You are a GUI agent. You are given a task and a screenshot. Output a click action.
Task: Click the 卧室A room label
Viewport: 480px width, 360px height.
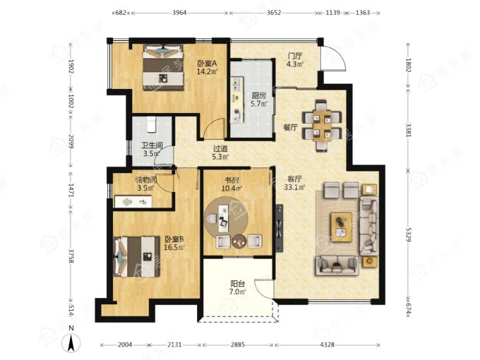(x=207, y=64)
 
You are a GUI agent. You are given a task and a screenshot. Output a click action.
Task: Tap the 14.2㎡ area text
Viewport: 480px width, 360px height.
(x=207, y=71)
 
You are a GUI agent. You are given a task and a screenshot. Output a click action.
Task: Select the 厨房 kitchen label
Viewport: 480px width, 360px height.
(x=258, y=95)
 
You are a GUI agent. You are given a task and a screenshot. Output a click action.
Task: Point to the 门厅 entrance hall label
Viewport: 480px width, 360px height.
(x=295, y=56)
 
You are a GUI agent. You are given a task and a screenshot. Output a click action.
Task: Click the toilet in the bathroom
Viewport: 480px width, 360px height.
(x=152, y=124)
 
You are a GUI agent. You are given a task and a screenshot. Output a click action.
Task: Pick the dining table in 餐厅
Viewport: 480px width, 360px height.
(x=322, y=126)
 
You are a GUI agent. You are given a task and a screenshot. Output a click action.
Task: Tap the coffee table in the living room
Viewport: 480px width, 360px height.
(x=342, y=227)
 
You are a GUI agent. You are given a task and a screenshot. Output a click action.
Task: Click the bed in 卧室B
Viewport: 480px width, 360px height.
(x=137, y=256)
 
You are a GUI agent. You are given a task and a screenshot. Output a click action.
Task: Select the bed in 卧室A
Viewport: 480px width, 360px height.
(x=163, y=67)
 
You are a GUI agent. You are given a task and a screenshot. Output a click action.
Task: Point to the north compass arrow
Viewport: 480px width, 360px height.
(x=71, y=342)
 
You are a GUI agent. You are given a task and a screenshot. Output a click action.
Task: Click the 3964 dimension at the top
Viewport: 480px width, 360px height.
(x=179, y=13)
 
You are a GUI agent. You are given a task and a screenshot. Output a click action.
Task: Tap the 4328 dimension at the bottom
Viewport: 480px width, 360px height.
(x=328, y=344)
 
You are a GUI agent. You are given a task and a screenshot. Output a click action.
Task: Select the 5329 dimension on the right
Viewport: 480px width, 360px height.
(x=408, y=234)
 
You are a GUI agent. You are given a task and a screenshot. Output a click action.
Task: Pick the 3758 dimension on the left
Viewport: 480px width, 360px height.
(x=71, y=256)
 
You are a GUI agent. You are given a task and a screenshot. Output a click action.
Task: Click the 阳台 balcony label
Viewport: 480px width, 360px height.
(x=238, y=284)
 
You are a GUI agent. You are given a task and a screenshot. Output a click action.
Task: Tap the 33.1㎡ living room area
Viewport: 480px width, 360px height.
(x=294, y=187)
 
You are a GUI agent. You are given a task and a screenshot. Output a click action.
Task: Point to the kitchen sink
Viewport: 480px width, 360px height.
(x=236, y=85)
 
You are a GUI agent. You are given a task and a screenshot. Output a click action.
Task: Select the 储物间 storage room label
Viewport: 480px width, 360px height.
(x=146, y=180)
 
